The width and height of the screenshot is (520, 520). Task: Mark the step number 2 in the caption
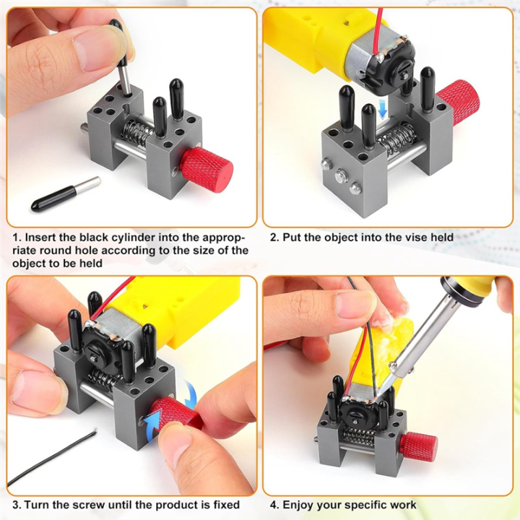(x=273, y=237)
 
